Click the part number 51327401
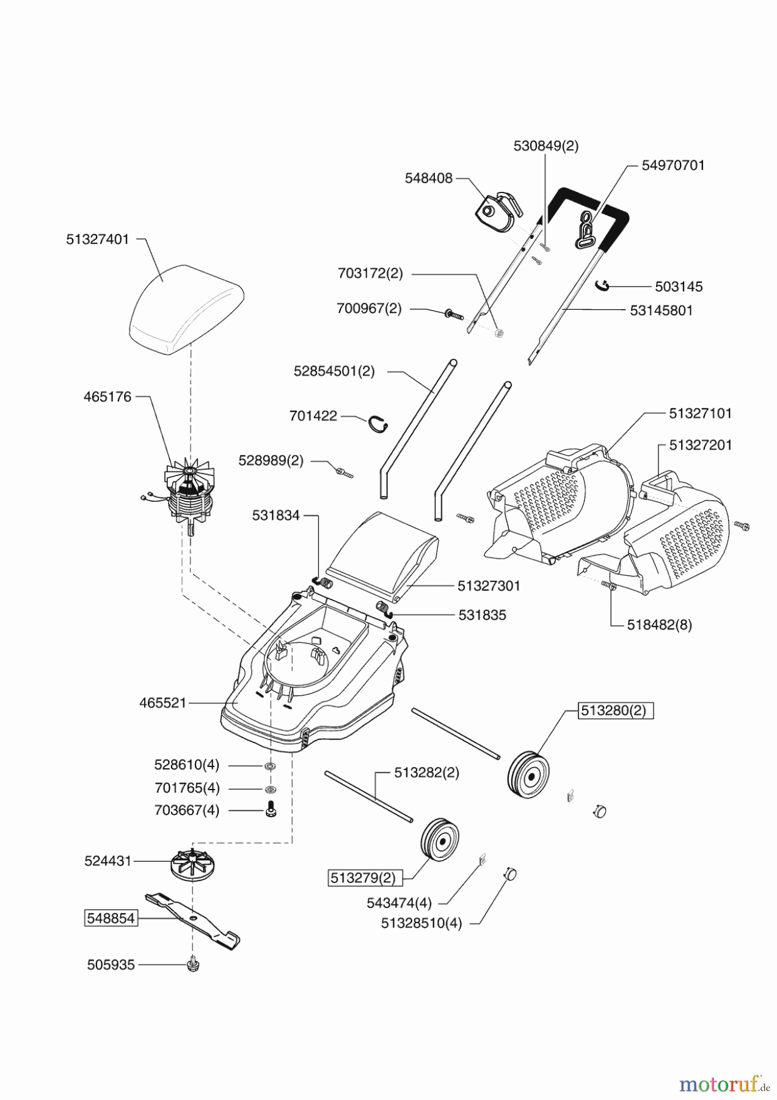tap(98, 240)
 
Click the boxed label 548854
tap(111, 918)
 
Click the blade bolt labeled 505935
tap(193, 965)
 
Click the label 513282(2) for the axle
tap(426, 772)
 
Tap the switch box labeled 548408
tap(498, 211)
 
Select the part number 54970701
tap(673, 165)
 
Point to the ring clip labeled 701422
tap(381, 424)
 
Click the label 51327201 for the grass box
tap(699, 445)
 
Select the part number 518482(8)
tap(659, 625)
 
